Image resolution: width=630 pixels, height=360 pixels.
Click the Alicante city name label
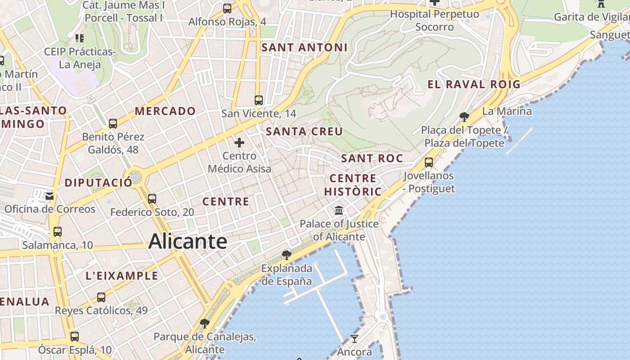tap(188, 242)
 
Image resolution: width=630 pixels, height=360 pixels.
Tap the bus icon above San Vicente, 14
tap(258, 100)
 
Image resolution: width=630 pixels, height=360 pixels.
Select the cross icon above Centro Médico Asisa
tap(239, 143)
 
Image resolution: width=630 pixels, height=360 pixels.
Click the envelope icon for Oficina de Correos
tap(49, 196)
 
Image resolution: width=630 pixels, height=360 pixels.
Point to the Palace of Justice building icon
tap(339, 210)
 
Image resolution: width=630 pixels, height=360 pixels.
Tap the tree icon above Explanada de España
tap(286, 255)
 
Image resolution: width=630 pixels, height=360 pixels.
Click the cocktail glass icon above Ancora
tap(355, 338)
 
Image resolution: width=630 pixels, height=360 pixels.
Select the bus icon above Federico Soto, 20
tap(152, 198)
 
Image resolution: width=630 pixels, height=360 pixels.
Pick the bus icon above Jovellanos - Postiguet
tap(429, 162)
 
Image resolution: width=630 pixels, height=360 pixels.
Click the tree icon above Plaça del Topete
tap(464, 117)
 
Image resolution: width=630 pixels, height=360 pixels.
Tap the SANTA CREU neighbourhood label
tap(304, 131)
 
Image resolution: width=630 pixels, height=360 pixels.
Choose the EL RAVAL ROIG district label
tap(474, 84)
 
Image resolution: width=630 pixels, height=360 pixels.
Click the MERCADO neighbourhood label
tap(165, 111)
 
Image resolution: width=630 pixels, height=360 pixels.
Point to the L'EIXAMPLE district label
tap(122, 276)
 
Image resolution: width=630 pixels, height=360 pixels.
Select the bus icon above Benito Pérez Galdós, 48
tap(113, 123)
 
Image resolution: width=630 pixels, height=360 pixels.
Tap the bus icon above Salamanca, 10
tap(58, 232)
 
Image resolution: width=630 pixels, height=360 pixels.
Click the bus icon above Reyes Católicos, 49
tap(101, 297)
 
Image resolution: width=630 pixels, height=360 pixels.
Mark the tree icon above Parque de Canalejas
tap(205, 323)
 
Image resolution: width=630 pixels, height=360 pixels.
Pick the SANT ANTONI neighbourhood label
tap(304, 47)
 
